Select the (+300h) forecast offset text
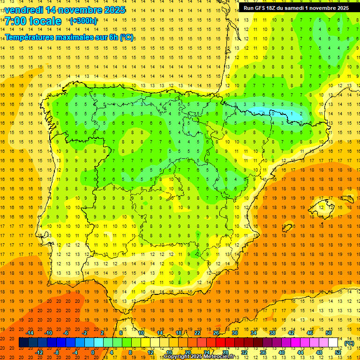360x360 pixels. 83,21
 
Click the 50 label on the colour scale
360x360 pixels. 329,333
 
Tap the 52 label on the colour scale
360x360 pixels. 338,352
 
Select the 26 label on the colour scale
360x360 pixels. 216,333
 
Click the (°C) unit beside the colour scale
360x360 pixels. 349,343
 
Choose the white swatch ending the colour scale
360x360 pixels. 333,343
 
